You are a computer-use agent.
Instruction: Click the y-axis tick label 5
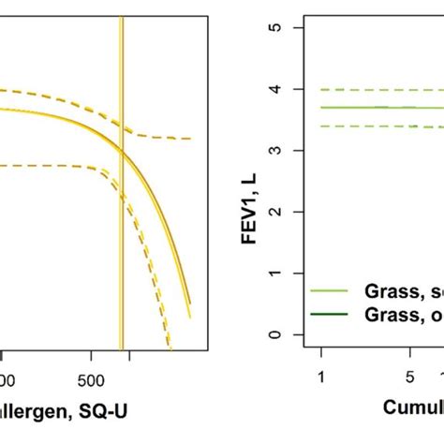coord(282,27)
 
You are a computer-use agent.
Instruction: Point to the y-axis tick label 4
coord(282,89)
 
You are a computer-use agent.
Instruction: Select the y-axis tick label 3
coord(282,150)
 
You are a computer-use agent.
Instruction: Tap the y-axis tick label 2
coord(282,212)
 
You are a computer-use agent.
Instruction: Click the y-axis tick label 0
coord(282,334)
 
